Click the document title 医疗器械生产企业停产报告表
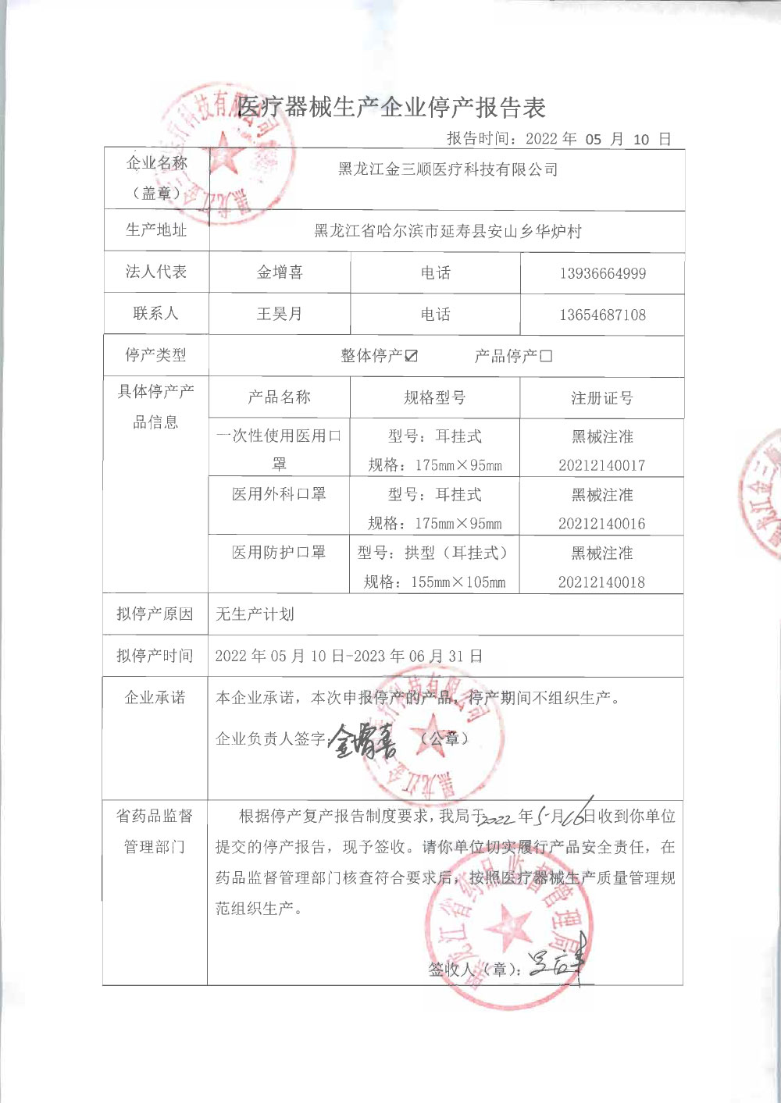pos(391,107)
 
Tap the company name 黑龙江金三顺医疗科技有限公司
pos(448,169)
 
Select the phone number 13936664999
pos(602,274)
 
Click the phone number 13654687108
pos(602,315)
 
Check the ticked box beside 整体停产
pos(412,356)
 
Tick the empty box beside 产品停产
pos(546,356)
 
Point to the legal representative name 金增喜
pos(280,272)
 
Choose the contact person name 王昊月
pos(280,314)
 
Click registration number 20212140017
pos(601,465)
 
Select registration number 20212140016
pos(601,524)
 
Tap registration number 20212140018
pos(601,582)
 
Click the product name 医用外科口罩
pos(279,494)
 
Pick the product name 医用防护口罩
pos(279,553)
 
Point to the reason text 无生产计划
pos(255,614)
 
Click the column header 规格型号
pos(434,398)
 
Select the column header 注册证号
pos(601,398)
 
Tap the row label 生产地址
pos(156,230)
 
